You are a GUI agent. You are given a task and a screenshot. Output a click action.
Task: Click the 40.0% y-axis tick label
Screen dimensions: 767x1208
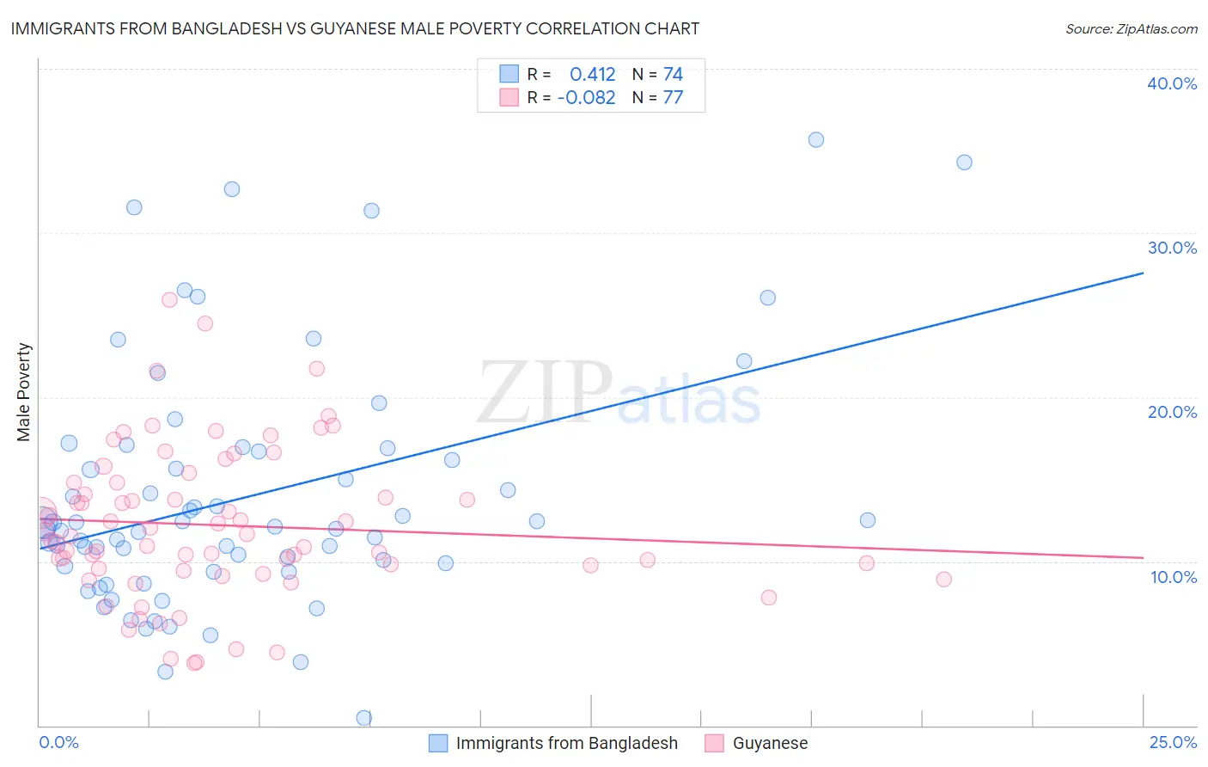1172,83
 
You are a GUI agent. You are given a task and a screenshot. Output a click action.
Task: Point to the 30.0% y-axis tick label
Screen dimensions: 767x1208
1172,248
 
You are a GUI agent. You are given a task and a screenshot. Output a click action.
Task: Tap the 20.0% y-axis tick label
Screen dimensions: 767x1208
1172,412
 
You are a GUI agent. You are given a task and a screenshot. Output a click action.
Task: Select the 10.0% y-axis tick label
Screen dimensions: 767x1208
1174,577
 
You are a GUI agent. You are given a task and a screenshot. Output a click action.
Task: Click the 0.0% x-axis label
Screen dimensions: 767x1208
58,742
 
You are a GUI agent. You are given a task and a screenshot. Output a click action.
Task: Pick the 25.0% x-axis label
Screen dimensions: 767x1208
1173,742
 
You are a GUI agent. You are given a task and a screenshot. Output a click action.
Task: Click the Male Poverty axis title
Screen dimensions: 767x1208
24,392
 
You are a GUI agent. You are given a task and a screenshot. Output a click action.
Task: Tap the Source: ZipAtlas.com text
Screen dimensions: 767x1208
1131,28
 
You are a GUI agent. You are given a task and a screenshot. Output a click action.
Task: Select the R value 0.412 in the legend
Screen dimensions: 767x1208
592,75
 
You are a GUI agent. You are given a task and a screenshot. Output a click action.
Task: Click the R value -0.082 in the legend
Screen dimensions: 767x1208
586,98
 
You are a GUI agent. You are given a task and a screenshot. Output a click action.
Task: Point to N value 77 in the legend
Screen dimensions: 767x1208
673,98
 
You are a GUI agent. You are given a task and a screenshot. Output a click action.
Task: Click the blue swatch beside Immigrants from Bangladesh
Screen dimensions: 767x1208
438,743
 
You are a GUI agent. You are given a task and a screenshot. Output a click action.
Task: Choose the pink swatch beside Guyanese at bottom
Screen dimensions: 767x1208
714,743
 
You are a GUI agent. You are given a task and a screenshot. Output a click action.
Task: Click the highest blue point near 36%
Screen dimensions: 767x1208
816,139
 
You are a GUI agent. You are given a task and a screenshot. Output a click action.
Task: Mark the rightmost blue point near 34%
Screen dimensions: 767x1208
964,163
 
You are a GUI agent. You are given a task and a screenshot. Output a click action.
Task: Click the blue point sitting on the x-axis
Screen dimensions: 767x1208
364,717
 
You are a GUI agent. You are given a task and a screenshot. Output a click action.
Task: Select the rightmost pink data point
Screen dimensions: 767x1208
943,580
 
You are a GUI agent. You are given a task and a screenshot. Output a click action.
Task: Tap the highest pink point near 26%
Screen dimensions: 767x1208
169,300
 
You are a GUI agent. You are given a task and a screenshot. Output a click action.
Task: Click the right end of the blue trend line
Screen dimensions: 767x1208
1143,273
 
